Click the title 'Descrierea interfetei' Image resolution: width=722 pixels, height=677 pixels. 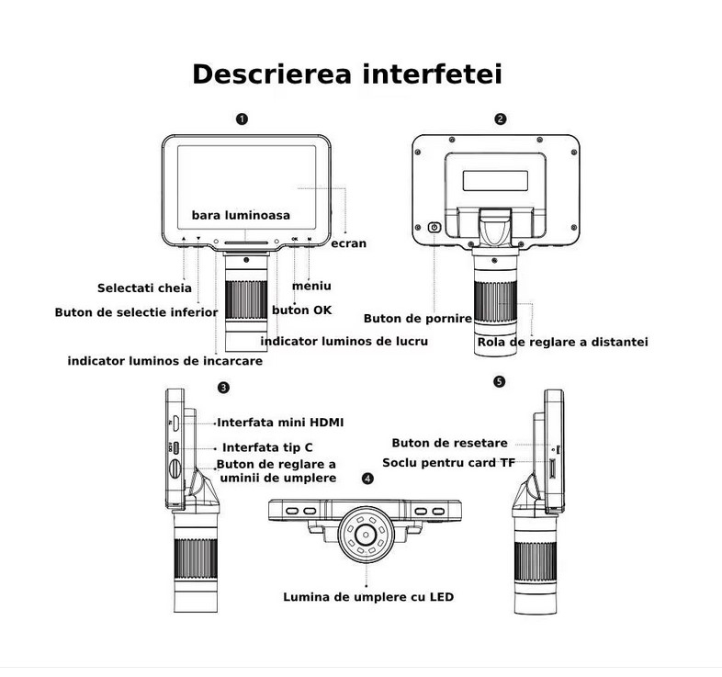pos(346,73)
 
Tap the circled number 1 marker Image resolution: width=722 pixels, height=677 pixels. pos(241,118)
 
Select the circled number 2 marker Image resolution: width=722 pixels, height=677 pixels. pos(500,118)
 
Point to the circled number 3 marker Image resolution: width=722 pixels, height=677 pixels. pos(223,389)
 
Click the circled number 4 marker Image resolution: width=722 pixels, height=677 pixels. pos(368,479)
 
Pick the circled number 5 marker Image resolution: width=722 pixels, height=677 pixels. pos(499,380)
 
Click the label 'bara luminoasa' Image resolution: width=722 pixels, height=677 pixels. pos(241,215)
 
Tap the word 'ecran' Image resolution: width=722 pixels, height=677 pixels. pos(348,243)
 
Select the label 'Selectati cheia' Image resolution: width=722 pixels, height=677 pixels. pos(144,288)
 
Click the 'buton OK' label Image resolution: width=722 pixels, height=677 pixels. pos(302,310)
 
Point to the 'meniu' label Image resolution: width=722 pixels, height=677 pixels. pos(311,287)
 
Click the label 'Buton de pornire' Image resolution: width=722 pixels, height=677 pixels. pos(418,319)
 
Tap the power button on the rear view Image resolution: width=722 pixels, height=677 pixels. pos(434,227)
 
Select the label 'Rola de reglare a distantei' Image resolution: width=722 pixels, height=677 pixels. pos(563,342)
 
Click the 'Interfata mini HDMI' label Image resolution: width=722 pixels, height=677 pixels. pos(280,423)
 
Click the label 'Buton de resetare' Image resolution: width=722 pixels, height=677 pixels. pos(449,443)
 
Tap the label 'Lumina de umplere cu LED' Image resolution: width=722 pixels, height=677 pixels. pos(367,597)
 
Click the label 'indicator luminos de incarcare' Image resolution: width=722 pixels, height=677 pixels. pos(165,361)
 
